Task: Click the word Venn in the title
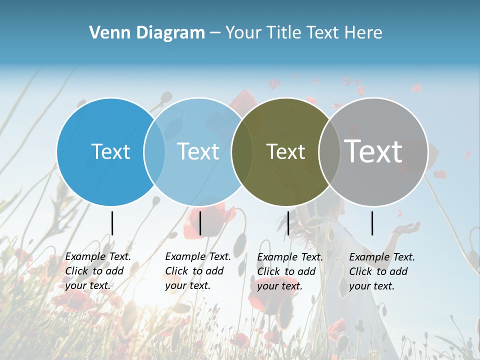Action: [x=105, y=33]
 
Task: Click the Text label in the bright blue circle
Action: [x=110, y=151]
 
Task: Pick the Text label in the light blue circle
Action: [x=198, y=151]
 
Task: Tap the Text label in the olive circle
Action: [x=286, y=151]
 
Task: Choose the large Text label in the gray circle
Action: [x=373, y=151]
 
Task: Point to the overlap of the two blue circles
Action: [x=154, y=151]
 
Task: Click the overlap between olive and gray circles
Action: [x=329, y=151]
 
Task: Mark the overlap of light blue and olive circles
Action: [x=242, y=151]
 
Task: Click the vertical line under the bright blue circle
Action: [x=112, y=223]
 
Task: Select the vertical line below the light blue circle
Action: [x=200, y=223]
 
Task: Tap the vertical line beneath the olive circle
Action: [x=288, y=223]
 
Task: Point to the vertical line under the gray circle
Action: [x=372, y=223]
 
